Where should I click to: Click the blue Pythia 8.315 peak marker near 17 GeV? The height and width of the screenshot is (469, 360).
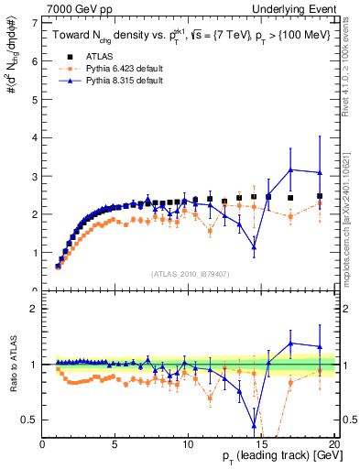tap(290, 169)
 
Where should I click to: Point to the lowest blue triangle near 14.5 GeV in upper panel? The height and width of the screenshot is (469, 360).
tap(254, 247)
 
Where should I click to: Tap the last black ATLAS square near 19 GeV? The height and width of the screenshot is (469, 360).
tap(320, 196)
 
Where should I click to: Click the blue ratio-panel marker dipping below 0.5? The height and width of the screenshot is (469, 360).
tap(254, 425)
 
